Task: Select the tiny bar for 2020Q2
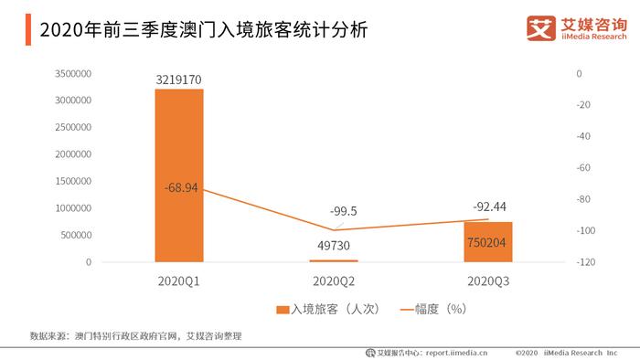(334, 260)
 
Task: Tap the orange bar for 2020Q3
(488, 242)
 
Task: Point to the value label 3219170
(179, 79)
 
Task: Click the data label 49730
(334, 245)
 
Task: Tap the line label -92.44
(489, 206)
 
